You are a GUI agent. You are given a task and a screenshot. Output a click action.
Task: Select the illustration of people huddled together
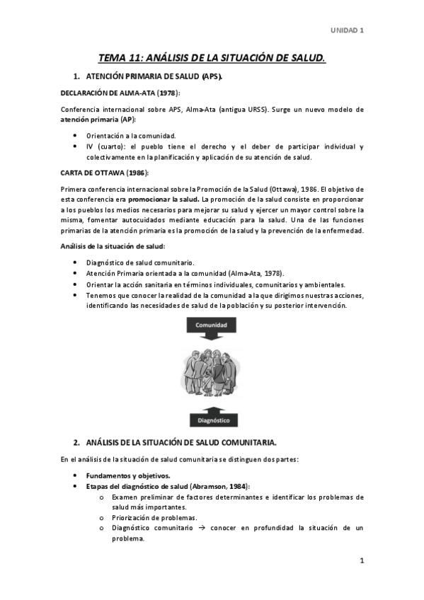(212, 371)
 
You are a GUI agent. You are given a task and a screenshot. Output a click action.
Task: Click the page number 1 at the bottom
(362, 561)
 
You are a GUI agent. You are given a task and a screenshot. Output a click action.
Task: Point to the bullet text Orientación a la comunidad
(131, 135)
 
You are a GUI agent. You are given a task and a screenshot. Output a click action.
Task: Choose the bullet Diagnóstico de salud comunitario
(140, 262)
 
